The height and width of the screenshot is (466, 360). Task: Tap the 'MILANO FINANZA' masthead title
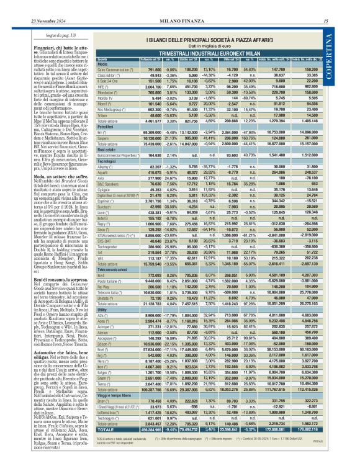coord(180,6)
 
